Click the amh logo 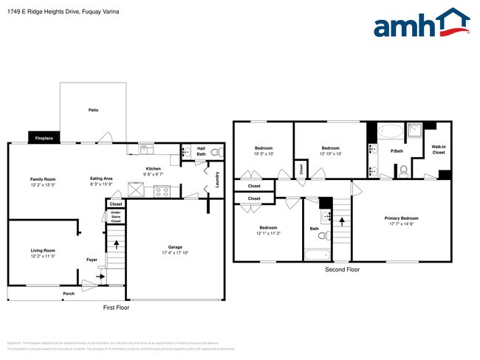pos(422,24)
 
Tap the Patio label pos(93,110)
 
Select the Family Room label pos(43,179)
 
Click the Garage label pos(174,249)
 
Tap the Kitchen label pos(154,168)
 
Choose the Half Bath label pos(201,150)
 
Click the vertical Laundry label pos(217,180)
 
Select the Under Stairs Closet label pos(116,217)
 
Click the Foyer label pos(92,260)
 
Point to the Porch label pos(68,294)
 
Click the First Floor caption pos(116,307)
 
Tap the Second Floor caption pos(343,270)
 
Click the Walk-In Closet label pos(439,150)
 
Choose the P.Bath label pos(397,151)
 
